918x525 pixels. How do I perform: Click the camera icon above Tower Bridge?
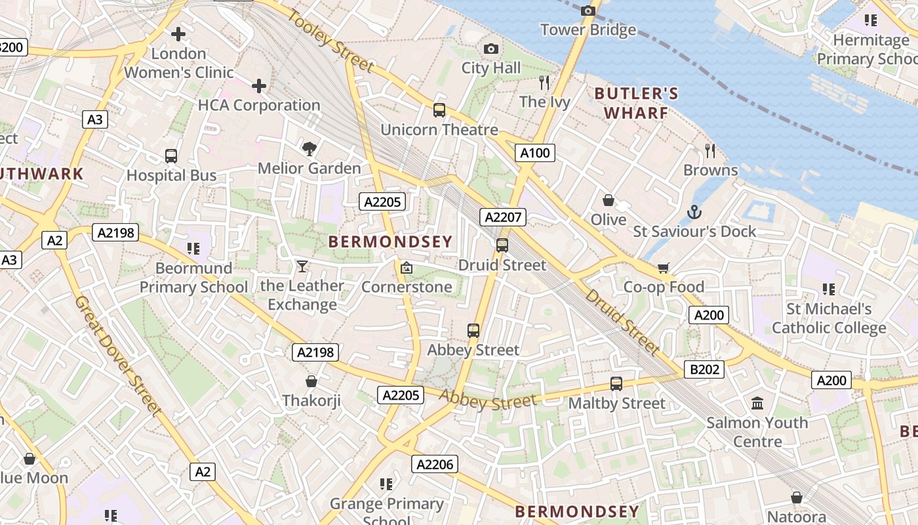588,10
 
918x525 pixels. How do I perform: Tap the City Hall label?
491,68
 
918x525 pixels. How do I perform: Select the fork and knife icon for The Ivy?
544,82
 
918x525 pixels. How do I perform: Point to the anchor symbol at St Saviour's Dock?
694,212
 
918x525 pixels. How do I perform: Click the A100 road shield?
535,153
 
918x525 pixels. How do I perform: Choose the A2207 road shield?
503,217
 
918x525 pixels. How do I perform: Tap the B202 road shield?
704,369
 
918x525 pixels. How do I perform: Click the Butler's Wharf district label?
636,103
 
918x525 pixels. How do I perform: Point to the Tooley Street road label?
330,43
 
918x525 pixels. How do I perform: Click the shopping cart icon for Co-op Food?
664,268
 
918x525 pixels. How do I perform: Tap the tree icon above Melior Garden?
309,149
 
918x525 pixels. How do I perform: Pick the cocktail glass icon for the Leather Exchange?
302,266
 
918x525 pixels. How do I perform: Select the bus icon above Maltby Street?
616,384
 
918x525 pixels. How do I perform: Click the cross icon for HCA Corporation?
259,85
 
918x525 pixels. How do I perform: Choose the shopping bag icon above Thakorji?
311,381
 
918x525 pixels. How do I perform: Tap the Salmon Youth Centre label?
757,432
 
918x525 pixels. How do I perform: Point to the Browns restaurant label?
711,171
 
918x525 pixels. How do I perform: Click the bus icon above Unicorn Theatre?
439,110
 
